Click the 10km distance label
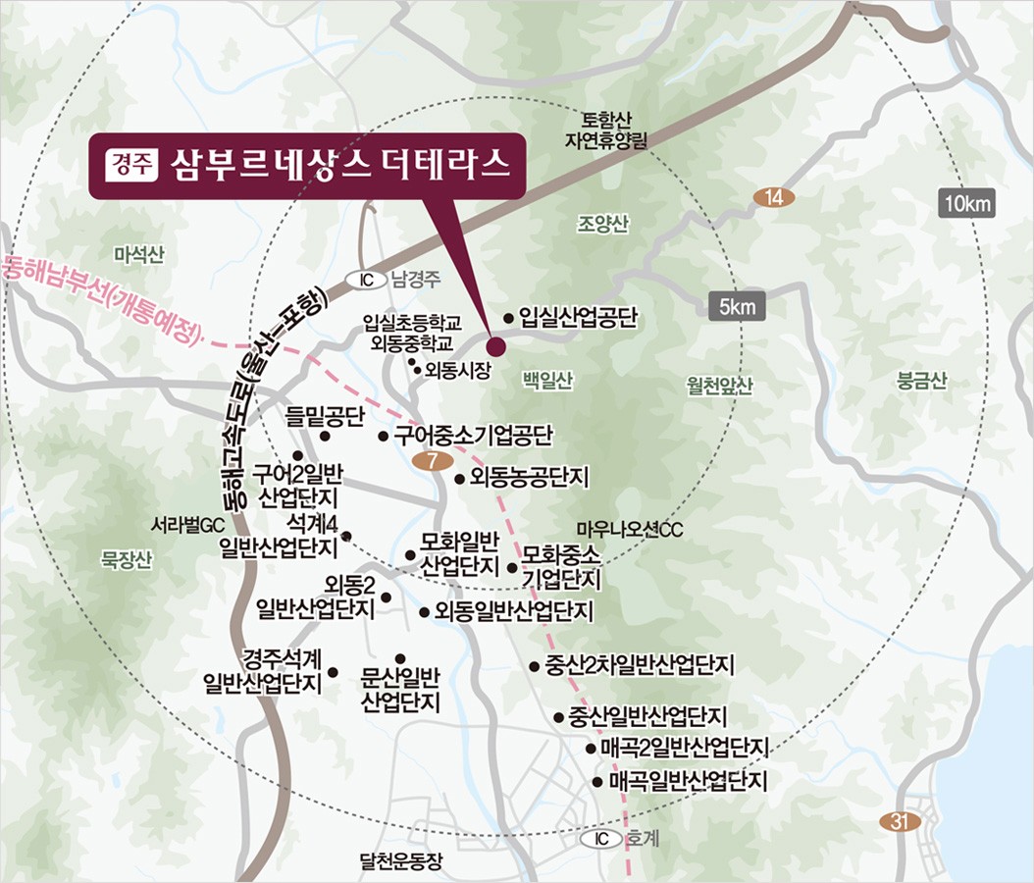point(967,204)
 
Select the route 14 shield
point(774,198)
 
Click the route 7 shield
point(433,461)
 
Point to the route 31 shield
point(900,822)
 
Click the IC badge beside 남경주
point(367,280)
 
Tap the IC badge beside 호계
point(601,839)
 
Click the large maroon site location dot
point(495,345)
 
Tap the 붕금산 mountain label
point(923,382)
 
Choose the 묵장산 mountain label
point(128,560)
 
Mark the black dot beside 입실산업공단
point(509,318)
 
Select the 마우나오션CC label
point(629,530)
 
